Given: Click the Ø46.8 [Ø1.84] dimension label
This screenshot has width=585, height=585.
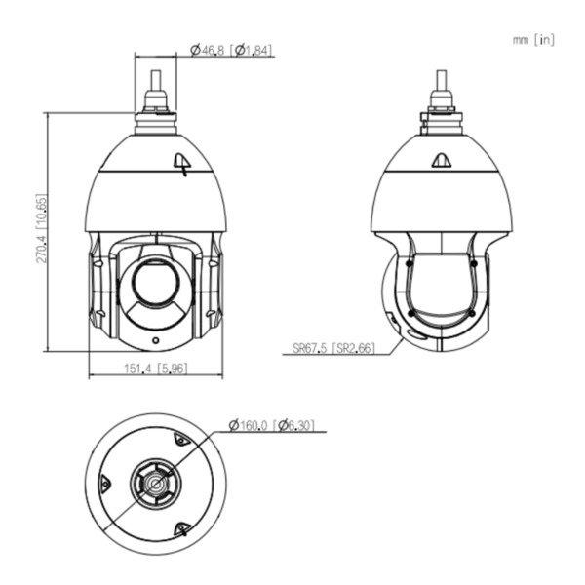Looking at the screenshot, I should pos(232,49).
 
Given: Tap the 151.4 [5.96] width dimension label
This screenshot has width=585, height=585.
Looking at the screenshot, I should pos(156,368).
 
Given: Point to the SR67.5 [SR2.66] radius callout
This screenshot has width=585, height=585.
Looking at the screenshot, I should pos(333,346).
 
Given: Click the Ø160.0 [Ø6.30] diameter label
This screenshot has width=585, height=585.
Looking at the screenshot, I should pos(270,425).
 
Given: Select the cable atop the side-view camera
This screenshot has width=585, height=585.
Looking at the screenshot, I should pos(442,81).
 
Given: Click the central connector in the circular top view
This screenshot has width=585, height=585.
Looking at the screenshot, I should pos(156,483).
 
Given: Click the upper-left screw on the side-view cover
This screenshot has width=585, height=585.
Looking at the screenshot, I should pos(409,263).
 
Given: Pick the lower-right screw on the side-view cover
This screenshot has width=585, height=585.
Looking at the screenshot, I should pos(473,313).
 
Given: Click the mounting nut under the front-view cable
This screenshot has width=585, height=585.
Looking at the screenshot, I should pos(156,102).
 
